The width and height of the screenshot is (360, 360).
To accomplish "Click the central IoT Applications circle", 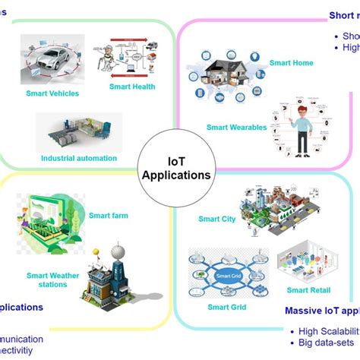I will pos(176,168).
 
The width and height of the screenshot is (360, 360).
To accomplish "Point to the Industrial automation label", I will pos(79,158).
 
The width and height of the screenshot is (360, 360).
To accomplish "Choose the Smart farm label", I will pos(109,215).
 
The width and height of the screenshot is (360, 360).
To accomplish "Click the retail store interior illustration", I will pos(306,262).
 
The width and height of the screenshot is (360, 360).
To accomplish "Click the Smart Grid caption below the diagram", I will pos(226,308).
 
